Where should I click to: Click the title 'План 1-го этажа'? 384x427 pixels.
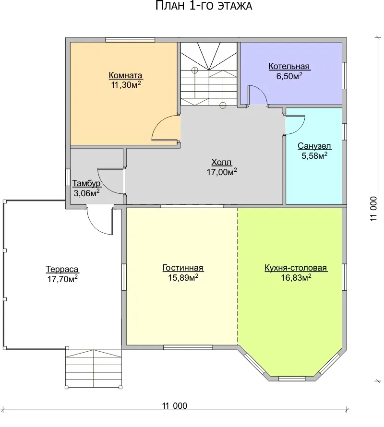[x=204, y=6]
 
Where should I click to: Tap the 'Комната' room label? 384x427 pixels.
[x=126, y=75]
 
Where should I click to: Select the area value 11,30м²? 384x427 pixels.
[x=126, y=85]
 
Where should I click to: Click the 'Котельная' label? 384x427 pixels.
[x=289, y=66]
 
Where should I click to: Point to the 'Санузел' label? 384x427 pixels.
[x=314, y=146]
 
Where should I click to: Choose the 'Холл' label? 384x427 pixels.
[x=222, y=162]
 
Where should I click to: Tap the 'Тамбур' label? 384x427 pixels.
[x=86, y=183]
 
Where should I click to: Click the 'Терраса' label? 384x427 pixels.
[x=62, y=269]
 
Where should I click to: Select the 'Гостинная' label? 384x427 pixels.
[x=183, y=268]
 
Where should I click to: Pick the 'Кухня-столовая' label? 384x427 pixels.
[x=296, y=268]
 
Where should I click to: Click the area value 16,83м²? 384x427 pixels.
[x=296, y=277]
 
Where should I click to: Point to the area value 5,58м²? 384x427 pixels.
[x=314, y=155]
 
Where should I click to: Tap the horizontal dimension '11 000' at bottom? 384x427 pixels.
[x=175, y=406]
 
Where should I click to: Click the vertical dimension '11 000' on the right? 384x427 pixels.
[x=373, y=209]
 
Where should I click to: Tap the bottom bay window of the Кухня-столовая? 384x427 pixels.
[x=292, y=379]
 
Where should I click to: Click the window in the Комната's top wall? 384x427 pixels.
[x=130, y=40]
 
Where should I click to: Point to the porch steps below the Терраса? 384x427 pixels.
[x=94, y=368]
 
